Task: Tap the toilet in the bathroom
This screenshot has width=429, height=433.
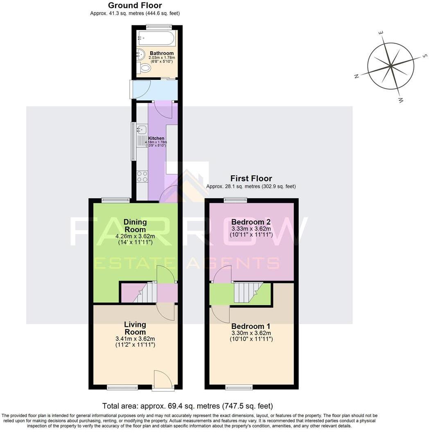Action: [x=144, y=68]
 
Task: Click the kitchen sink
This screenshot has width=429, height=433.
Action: [x=141, y=130]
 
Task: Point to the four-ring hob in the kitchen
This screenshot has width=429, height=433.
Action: [x=142, y=177]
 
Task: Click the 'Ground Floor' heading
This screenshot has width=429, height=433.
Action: [x=135, y=5]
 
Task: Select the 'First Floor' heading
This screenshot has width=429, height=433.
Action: [x=251, y=178]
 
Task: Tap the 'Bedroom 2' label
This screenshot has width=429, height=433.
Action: [x=251, y=222]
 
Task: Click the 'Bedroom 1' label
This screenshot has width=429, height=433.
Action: [x=251, y=326]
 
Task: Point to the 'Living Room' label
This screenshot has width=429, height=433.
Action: [x=135, y=328]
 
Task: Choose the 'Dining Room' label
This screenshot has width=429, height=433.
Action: [x=135, y=226]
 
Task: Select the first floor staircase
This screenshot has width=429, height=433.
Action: [x=248, y=292]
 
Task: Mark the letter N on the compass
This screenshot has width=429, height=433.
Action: [x=357, y=76]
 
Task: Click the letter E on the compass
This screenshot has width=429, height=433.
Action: [x=381, y=33]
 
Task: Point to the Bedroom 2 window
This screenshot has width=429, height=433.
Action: [x=235, y=200]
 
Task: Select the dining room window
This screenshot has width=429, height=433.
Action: [x=116, y=200]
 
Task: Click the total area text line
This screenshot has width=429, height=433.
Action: [x=187, y=406]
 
